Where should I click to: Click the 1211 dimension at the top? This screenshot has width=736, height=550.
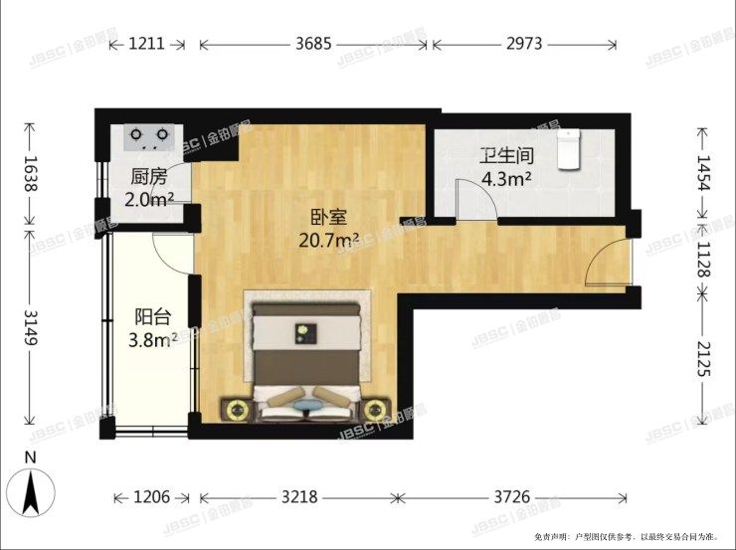coord(145,45)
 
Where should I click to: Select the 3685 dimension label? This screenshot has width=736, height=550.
coord(315,45)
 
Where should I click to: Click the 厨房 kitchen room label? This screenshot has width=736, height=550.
coord(147,179)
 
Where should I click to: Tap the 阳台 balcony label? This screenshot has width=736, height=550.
coord(152,317)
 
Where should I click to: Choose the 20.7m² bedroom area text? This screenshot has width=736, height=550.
coord(328,240)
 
